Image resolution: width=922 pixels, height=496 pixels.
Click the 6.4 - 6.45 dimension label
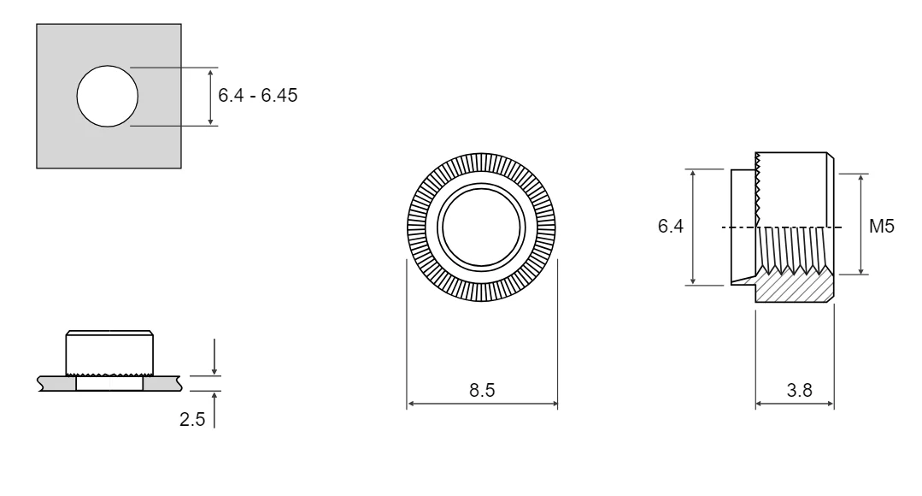(257, 95)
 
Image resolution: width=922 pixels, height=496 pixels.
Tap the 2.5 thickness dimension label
(192, 420)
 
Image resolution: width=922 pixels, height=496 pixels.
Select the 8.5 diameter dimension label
(482, 390)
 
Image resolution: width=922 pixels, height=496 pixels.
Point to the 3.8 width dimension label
(800, 390)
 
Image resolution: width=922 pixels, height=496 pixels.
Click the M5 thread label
(882, 226)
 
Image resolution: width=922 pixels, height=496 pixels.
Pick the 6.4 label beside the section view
(670, 226)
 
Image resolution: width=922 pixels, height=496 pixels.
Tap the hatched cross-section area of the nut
(794, 288)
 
